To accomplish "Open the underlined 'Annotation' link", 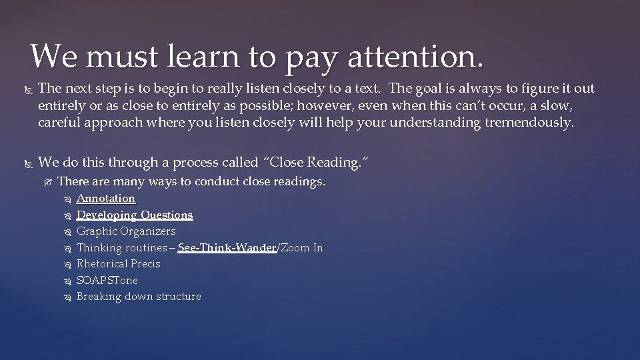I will (x=106, y=199).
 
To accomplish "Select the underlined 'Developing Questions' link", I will (x=135, y=215).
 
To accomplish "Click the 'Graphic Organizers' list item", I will (x=126, y=231).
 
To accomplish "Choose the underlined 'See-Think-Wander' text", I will (x=227, y=248).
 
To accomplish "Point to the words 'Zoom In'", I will (x=301, y=248).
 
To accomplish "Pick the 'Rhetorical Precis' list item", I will (x=119, y=264).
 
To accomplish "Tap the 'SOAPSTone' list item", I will (x=107, y=281).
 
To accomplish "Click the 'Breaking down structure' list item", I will (x=139, y=297).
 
